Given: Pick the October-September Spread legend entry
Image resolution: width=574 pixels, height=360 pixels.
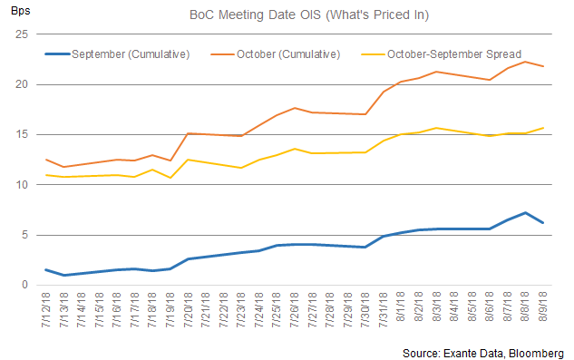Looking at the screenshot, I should click(453, 54).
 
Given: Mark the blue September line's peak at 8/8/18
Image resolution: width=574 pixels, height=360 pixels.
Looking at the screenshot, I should click(525, 213).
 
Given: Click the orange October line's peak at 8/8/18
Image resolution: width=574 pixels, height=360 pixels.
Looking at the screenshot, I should click(525, 62).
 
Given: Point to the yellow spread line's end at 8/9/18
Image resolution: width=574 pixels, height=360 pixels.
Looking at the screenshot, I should click(543, 128).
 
